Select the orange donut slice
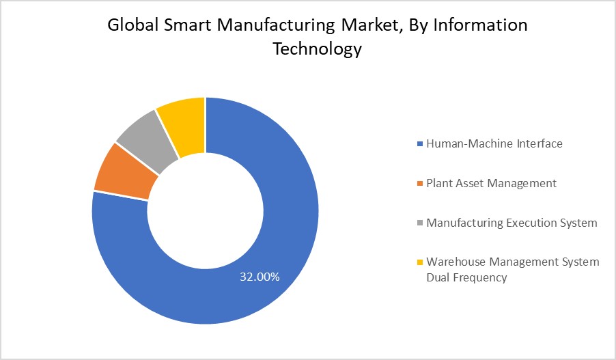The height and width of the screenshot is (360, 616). pyautogui.click(x=123, y=172)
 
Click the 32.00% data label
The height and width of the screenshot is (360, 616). pyautogui.click(x=259, y=277)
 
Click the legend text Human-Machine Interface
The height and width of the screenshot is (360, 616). pyautogui.click(x=494, y=143)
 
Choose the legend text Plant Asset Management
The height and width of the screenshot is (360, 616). pyautogui.click(x=491, y=183)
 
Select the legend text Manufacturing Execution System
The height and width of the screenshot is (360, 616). pyautogui.click(x=512, y=223)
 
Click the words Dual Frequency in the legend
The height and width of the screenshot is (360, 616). pyautogui.click(x=466, y=277)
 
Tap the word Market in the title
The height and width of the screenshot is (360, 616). pyautogui.click(x=365, y=26)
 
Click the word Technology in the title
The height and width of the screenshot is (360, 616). pyautogui.click(x=318, y=50)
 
